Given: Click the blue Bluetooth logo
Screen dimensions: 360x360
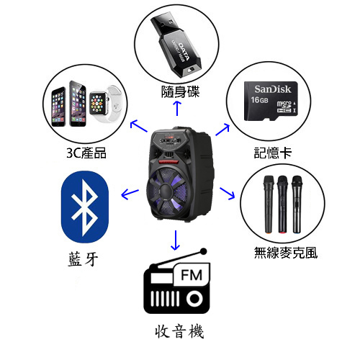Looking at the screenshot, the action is point(85,207).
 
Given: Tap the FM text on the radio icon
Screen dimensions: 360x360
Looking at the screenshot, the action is point(192,275).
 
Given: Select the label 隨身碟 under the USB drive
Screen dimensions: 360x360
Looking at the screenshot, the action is point(180,92).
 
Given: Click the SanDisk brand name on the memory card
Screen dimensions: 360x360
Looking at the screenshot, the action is point(273,89).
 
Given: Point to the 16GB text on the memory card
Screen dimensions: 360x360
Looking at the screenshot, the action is point(259,99).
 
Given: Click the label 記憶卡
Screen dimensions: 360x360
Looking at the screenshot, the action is point(273,153).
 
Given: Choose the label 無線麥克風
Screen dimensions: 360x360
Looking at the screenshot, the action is point(286,253).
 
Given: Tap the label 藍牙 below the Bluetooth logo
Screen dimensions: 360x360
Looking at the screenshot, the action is point(83,259).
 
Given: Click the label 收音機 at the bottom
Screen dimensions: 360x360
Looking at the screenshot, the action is point(179,331).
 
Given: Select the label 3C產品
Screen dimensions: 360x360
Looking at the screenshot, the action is point(86,153).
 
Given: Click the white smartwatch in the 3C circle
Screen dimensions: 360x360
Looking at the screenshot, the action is point(104,104).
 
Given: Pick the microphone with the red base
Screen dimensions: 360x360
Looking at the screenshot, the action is point(282,204).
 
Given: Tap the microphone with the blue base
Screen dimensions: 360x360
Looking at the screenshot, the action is point(297,204).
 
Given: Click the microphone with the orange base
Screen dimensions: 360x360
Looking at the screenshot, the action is point(269,204).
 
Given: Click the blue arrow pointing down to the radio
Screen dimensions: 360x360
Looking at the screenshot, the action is point(176,240).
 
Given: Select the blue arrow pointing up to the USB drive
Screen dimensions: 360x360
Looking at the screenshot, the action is point(177,108).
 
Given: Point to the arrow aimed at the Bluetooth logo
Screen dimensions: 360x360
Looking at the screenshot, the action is point(130,194).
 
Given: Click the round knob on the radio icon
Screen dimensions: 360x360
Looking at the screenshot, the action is point(194,299).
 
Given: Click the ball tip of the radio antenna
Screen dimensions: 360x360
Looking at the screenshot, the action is point(204,251).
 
